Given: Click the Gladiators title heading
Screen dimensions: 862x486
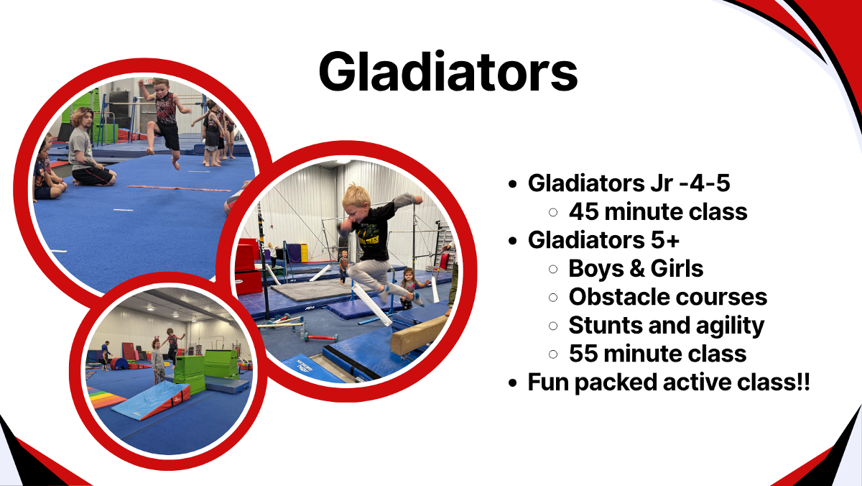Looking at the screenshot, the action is (448, 72).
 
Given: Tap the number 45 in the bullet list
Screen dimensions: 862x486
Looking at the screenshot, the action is (583, 212).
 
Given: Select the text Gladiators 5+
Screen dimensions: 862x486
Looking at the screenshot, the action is (603, 240).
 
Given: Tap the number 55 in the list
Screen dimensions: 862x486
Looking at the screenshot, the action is (583, 354).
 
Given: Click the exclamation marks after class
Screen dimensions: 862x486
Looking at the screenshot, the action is (805, 382).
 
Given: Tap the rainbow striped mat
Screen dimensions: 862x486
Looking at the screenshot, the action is (104, 397).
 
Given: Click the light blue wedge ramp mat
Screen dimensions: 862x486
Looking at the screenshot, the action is (150, 400).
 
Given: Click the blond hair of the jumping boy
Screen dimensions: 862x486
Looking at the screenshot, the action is (356, 196).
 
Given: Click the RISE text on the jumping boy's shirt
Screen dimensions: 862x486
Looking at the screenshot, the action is (163, 104).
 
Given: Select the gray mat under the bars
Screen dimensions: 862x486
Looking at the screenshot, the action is (312, 290).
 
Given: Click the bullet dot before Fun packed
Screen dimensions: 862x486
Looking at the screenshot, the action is (512, 383).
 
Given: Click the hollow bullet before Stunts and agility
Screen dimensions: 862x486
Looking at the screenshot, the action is (553, 326).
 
